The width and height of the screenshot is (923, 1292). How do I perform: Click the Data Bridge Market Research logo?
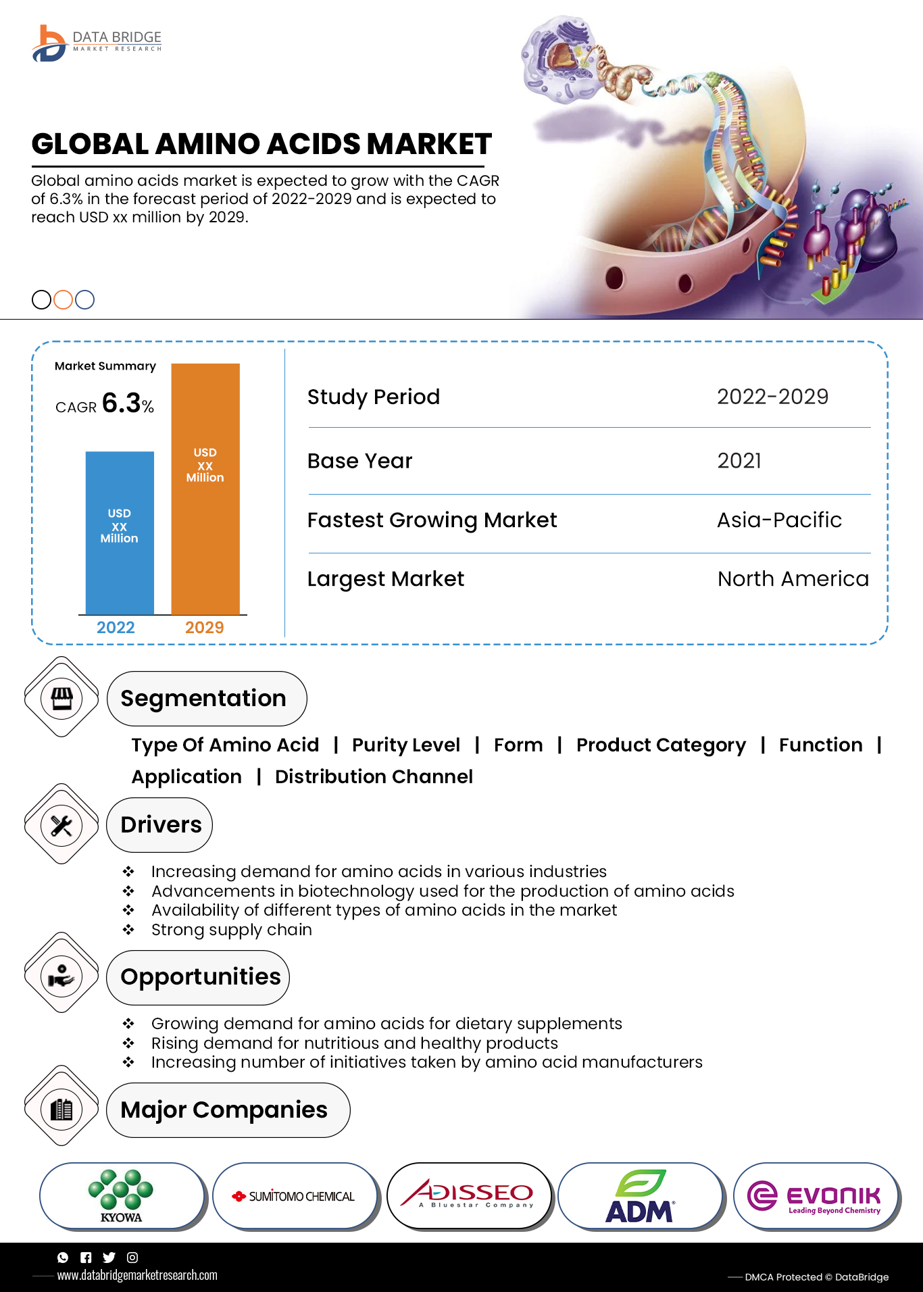click(x=97, y=43)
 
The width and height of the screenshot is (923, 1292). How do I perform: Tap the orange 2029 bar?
click(x=205, y=488)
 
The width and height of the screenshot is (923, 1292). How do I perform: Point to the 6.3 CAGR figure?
click(x=121, y=403)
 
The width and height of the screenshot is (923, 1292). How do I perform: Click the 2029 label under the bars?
click(x=204, y=628)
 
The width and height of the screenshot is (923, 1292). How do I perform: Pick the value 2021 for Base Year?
click(x=739, y=461)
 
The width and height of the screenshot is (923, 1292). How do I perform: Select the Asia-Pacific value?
click(x=779, y=520)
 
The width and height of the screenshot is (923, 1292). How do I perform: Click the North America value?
click(x=793, y=579)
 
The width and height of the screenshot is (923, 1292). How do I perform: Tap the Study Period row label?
click(x=374, y=397)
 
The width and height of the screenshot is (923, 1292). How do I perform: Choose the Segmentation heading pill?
click(x=206, y=699)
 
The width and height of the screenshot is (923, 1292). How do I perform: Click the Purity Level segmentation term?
click(x=405, y=745)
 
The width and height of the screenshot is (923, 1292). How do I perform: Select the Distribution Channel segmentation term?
click(x=374, y=777)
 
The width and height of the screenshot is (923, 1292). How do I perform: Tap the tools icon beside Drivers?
click(x=61, y=825)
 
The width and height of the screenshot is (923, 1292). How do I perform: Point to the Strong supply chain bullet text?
click(x=232, y=930)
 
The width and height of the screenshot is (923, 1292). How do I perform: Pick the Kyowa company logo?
click(x=122, y=1196)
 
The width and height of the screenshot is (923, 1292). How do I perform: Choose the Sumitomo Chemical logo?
click(x=295, y=1196)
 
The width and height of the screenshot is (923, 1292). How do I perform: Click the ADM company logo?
click(x=640, y=1196)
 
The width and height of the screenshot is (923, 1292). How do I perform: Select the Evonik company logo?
click(x=816, y=1196)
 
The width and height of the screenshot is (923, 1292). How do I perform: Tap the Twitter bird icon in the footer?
click(x=109, y=1258)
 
